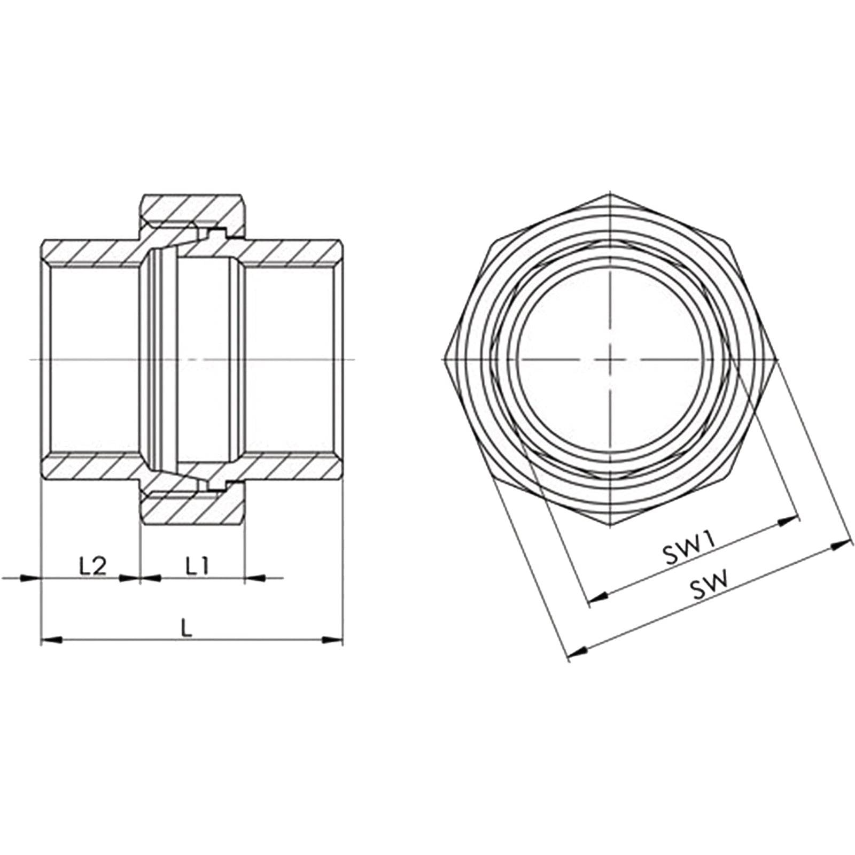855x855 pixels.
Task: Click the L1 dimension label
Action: [197, 566]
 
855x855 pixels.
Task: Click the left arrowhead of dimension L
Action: [51, 639]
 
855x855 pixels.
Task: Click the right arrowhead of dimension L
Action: [332, 639]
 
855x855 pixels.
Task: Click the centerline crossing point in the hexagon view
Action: [610, 359]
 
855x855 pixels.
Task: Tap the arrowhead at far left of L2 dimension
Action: [27, 577]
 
